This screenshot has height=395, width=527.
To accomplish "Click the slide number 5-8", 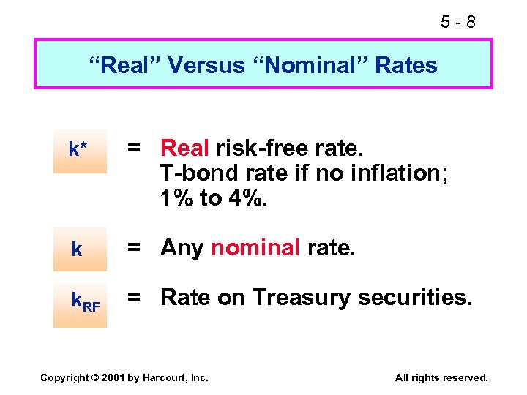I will (458, 23).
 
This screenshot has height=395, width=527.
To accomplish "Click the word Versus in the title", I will (206, 65).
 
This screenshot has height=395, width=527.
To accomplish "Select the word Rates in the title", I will (406, 65).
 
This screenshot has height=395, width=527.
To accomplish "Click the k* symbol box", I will (80, 151).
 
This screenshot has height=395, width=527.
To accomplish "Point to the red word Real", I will (186, 148).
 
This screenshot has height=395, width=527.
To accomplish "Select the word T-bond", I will (192, 173).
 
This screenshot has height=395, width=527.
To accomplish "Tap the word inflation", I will (381, 173).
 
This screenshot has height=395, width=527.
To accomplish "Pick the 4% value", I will (247, 198).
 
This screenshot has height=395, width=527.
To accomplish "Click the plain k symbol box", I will (80, 249).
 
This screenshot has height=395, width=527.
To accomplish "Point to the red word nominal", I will (255, 249).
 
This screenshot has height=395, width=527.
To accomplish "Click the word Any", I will (182, 249).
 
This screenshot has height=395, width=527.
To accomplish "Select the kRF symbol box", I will (80, 301).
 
